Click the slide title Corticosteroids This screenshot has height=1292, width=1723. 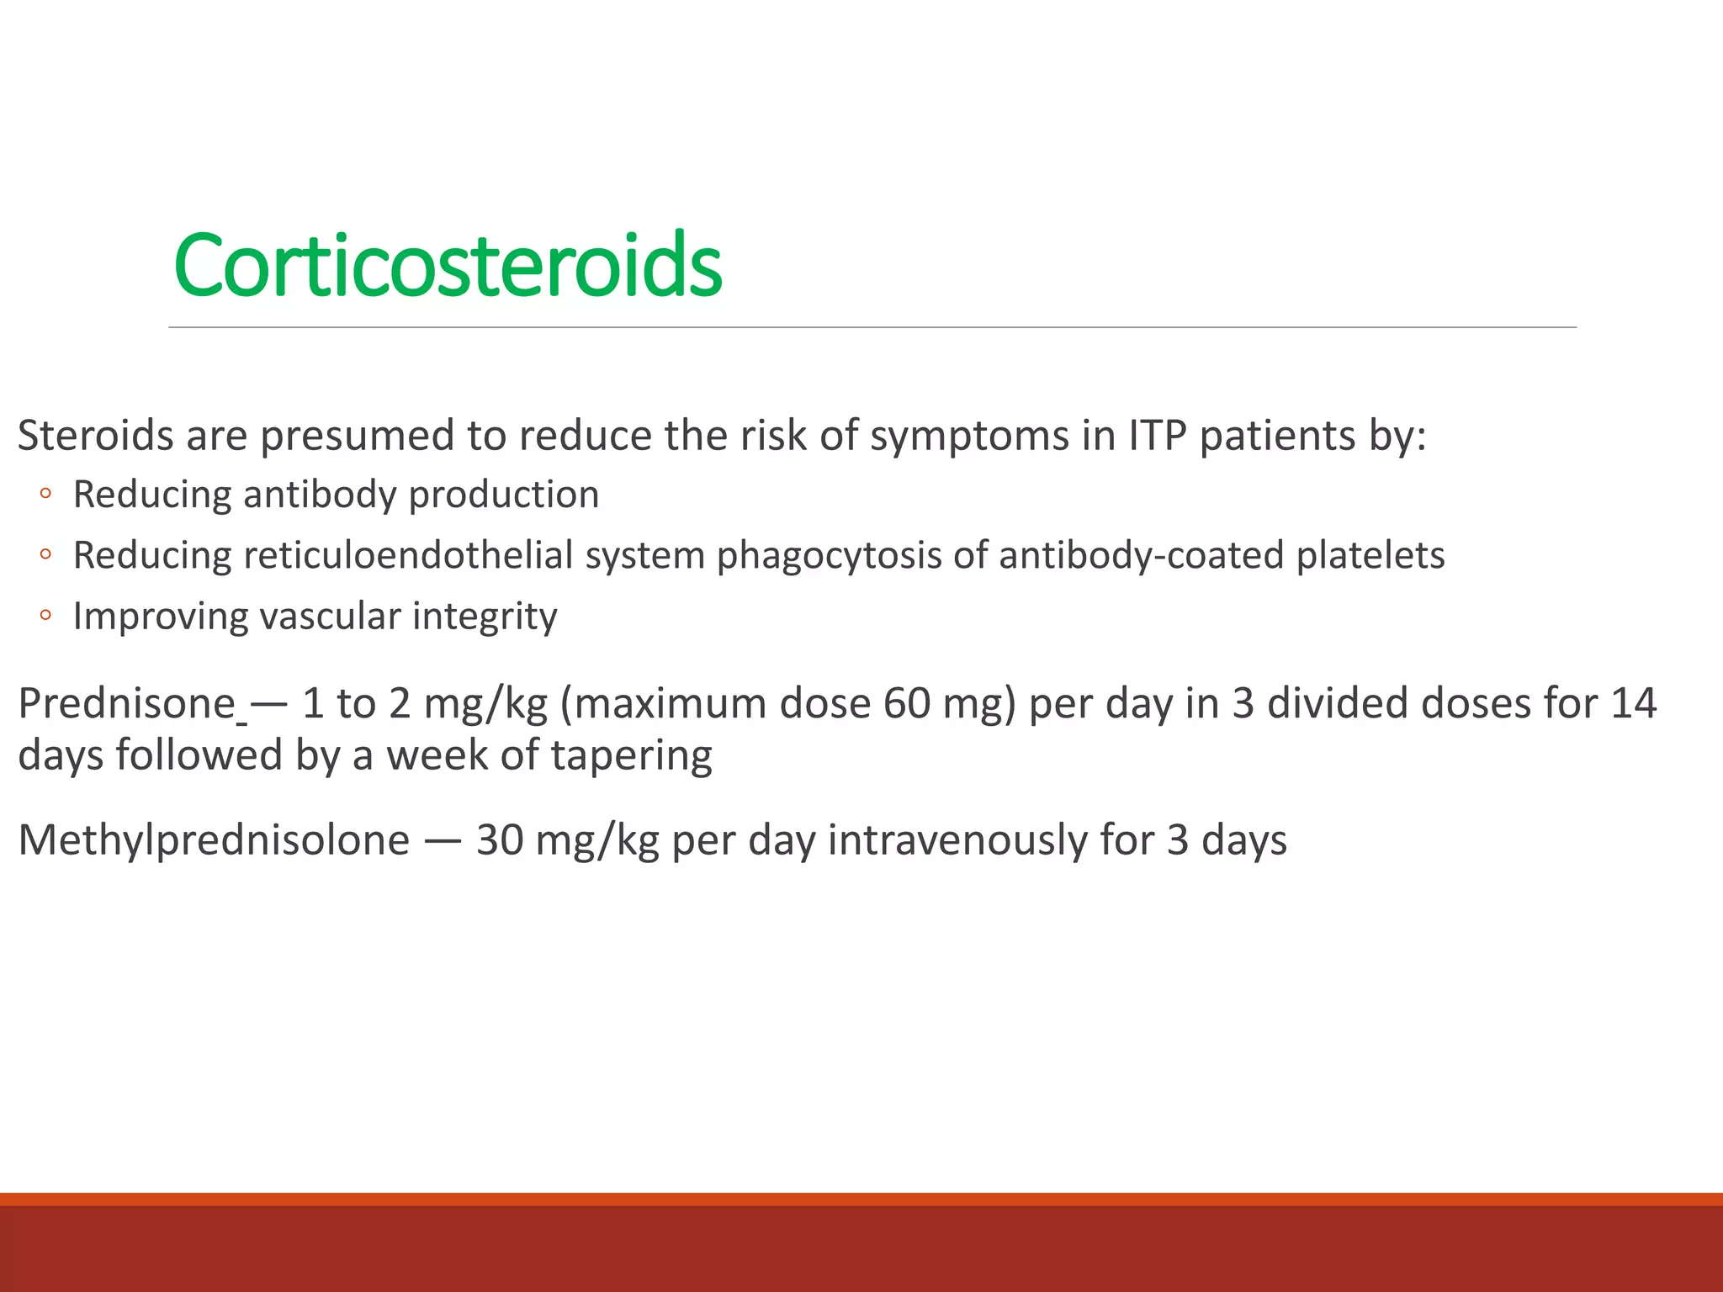(447, 266)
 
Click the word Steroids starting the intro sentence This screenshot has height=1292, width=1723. (95, 436)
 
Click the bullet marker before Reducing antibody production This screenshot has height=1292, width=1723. (45, 494)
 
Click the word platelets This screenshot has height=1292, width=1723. (1370, 556)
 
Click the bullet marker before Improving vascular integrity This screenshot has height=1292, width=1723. (45, 616)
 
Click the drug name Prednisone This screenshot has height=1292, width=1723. (127, 703)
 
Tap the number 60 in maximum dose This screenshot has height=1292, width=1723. (906, 703)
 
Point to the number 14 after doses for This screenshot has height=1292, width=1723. (1633, 703)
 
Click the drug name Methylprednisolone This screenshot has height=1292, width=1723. (214, 840)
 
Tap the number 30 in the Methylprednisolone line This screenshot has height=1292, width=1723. (500, 840)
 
